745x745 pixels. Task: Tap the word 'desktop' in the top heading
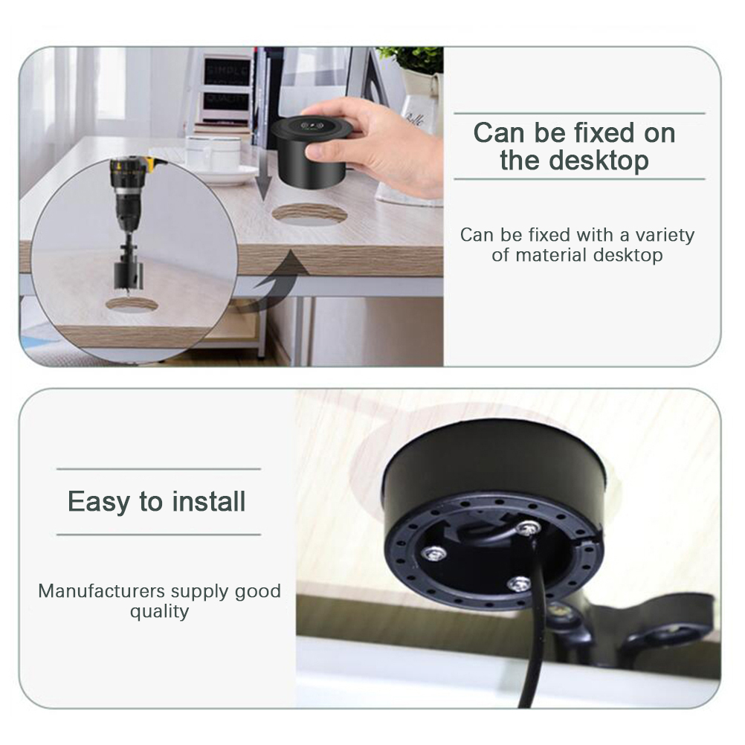[599, 161]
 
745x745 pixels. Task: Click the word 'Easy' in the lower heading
[98, 503]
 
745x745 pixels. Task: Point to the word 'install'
[209, 501]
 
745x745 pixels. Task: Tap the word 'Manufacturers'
[102, 591]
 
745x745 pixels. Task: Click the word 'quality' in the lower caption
[159, 611]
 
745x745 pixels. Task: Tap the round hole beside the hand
[309, 214]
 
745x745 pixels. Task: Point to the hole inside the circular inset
[131, 305]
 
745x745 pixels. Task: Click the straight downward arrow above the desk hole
[263, 173]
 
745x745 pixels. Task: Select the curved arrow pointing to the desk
[273, 281]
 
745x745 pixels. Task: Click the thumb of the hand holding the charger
[324, 151]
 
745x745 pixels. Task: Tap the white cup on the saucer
[213, 153]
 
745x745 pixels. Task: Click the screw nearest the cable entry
[529, 527]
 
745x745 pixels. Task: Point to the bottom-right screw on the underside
[518, 584]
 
